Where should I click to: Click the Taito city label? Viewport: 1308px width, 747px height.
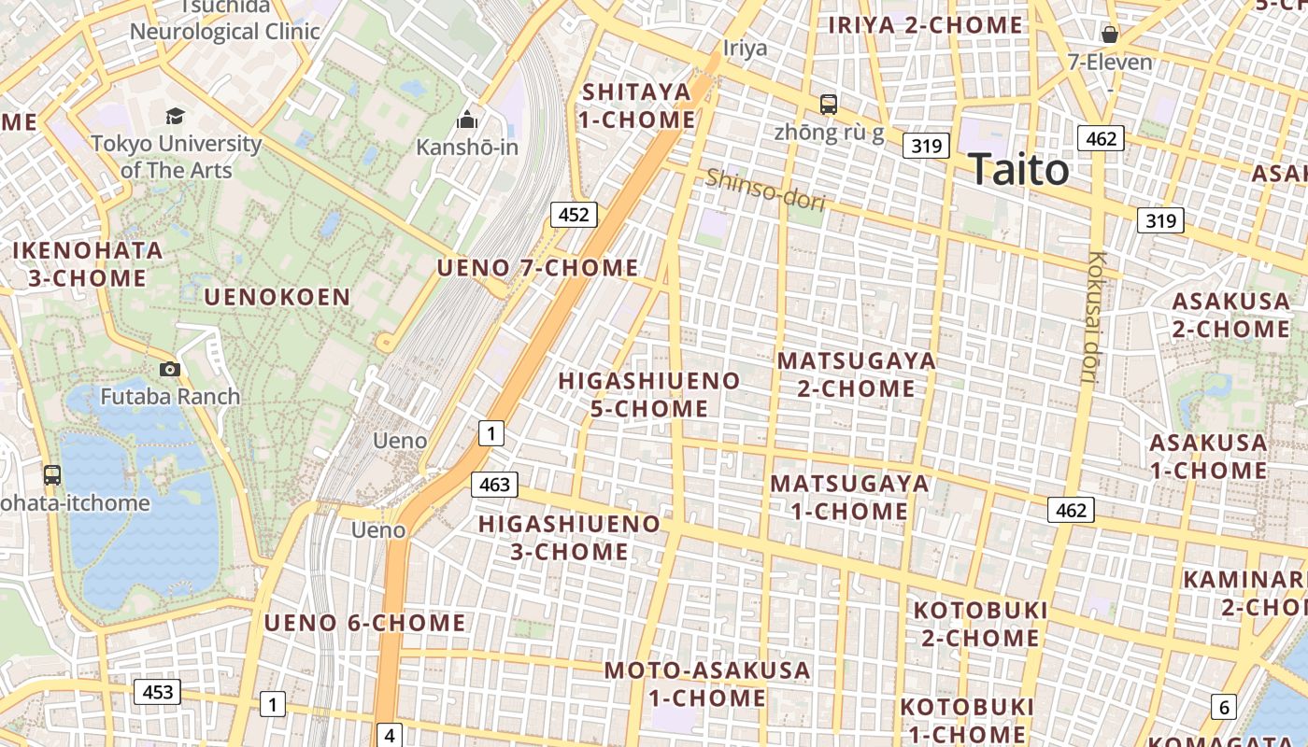(x=1019, y=170)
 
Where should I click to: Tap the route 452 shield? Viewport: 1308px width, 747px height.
(x=573, y=215)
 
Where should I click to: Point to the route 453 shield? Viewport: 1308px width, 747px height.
(x=157, y=692)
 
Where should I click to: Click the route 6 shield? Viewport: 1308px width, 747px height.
(x=1223, y=707)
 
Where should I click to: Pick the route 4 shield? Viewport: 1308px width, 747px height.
(x=390, y=736)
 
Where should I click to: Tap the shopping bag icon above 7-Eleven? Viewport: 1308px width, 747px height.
(x=1110, y=35)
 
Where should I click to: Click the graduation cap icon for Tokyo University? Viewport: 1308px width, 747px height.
(x=175, y=116)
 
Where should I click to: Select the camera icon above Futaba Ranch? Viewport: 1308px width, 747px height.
(x=169, y=369)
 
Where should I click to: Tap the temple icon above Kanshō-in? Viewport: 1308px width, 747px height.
(x=466, y=120)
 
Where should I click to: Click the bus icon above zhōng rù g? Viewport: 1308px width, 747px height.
(x=829, y=104)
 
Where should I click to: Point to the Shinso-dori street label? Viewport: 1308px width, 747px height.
(x=765, y=190)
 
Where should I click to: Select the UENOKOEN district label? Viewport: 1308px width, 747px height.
(x=277, y=297)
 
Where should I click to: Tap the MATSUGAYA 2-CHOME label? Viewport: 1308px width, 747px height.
(x=856, y=373)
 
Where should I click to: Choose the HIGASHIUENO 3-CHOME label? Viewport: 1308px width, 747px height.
(x=569, y=537)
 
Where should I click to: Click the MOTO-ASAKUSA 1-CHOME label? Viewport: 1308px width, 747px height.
(x=707, y=684)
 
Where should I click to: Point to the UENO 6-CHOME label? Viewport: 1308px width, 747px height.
(x=364, y=623)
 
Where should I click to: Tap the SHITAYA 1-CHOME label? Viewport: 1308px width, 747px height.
(x=637, y=106)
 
